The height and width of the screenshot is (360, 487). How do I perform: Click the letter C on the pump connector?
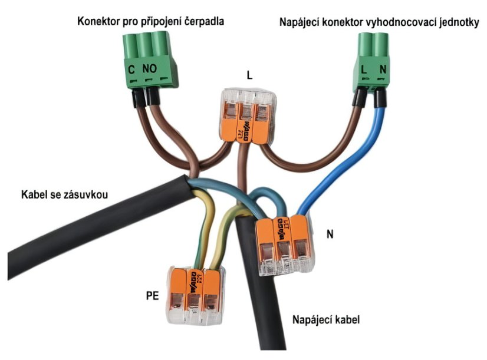tap(131, 70)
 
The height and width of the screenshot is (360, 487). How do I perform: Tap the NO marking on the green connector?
tap(149, 69)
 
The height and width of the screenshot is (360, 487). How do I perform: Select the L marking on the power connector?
tap(364, 70)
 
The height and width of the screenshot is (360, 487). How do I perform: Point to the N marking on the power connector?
tap(383, 70)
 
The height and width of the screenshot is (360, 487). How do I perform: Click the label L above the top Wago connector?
tap(249, 75)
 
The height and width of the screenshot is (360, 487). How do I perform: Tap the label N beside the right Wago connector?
tap(330, 234)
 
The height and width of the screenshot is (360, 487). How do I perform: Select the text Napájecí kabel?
tap(326, 321)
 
